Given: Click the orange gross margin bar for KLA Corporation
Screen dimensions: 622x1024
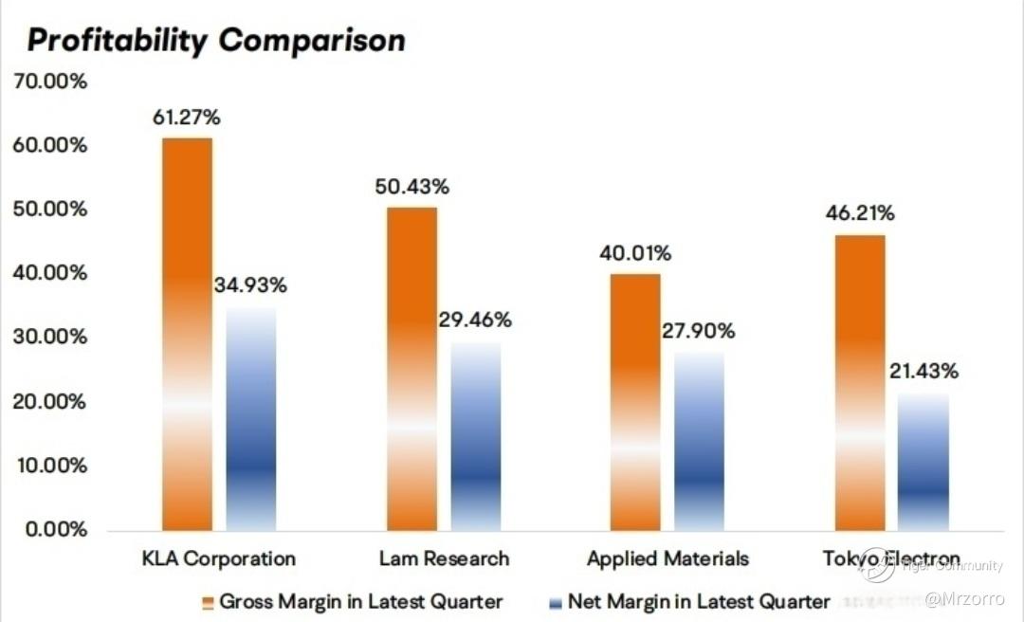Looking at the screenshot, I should pyautogui.click(x=187, y=334).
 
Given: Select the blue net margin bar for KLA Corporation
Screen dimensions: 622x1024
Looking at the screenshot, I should pyautogui.click(x=251, y=418).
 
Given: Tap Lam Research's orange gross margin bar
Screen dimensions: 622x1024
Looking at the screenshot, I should pyautogui.click(x=411, y=368).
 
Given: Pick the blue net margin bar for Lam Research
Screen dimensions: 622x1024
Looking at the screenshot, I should pyautogui.click(x=476, y=436).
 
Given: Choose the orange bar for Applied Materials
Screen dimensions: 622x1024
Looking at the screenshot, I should pyautogui.click(x=635, y=401).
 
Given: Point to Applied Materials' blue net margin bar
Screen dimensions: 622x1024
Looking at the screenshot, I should pyautogui.click(x=700, y=441).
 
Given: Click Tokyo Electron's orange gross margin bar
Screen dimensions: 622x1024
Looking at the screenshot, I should pyautogui.click(x=860, y=382).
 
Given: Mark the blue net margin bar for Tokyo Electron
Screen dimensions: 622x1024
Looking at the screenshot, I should pyautogui.click(x=923, y=462).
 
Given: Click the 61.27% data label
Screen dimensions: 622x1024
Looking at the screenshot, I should pyautogui.click(x=187, y=119).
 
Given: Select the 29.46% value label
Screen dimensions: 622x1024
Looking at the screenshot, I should pyautogui.click(x=475, y=320).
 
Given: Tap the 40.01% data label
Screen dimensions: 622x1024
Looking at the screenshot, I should pyautogui.click(x=635, y=253).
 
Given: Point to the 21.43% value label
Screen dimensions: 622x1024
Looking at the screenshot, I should pyautogui.click(x=923, y=371).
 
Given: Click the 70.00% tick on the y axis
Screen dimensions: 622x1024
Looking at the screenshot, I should pyautogui.click(x=49, y=82).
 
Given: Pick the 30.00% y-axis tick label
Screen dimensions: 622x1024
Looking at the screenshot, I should pyautogui.click(x=49, y=338).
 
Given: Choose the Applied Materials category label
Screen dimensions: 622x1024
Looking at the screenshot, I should pyautogui.click(x=667, y=558).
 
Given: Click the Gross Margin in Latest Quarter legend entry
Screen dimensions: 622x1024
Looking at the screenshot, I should pyautogui.click(x=353, y=601).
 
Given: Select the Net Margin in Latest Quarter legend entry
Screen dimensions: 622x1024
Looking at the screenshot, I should pyautogui.click(x=689, y=601).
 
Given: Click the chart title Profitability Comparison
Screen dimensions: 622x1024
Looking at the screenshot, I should pyautogui.click(x=216, y=40).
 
